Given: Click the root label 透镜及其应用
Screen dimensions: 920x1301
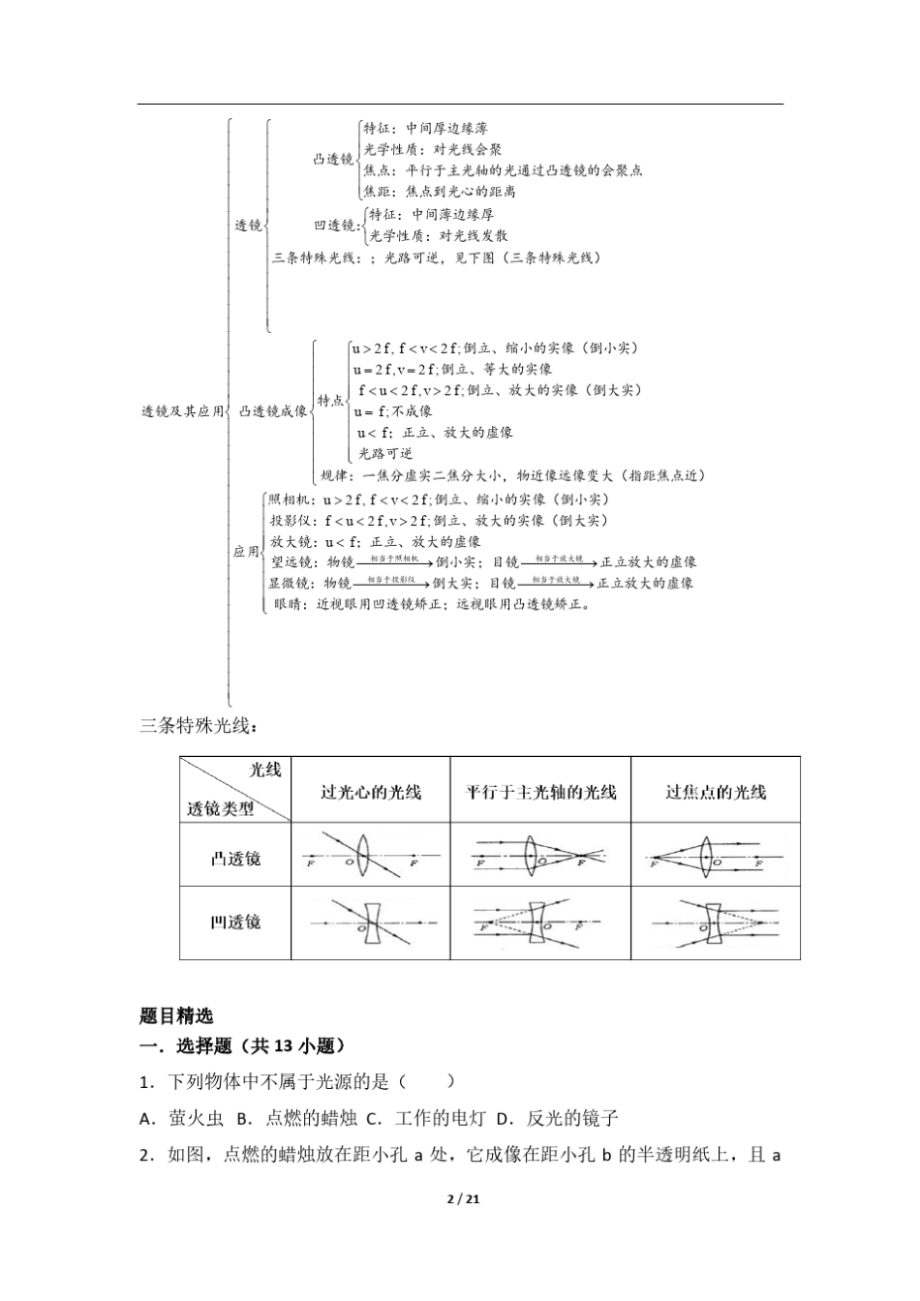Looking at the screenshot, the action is (182, 411).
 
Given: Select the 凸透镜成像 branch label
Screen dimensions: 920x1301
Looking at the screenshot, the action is (273, 411).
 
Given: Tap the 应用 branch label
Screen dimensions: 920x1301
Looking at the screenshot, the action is (245, 552).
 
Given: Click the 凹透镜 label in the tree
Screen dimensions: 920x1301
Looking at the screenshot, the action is (335, 226).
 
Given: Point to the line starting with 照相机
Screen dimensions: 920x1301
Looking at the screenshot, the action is (439, 499).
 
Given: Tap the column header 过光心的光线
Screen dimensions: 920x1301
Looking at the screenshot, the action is (371, 792).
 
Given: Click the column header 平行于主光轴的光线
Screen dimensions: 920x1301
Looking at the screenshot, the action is (540, 792).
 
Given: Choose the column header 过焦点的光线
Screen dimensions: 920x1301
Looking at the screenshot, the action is (716, 792).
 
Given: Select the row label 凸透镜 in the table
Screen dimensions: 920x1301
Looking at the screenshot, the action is (235, 859).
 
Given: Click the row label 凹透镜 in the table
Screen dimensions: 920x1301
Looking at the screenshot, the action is (235, 923).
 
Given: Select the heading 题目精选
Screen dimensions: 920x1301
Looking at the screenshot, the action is (176, 1016).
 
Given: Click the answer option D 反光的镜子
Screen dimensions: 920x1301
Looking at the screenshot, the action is (557, 1118).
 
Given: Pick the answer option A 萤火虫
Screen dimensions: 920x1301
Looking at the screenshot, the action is (182, 1118).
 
